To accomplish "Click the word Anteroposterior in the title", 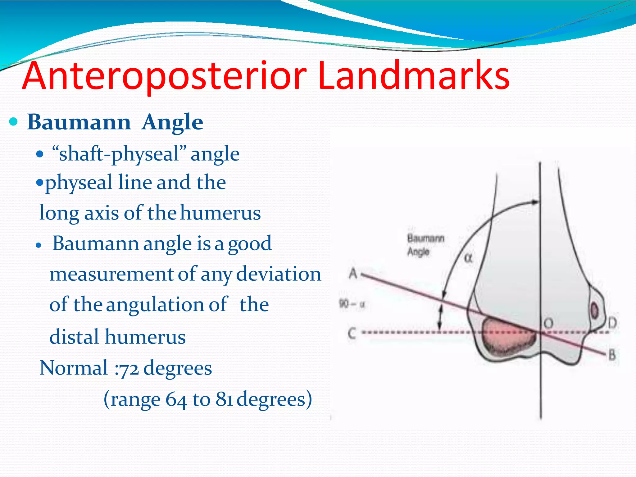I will pyautogui.click(x=165, y=76).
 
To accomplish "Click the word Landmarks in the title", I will pyautogui.click(x=413, y=76).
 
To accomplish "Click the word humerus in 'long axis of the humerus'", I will pyautogui.click(x=220, y=213).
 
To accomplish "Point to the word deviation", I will pyautogui.click(x=279, y=274).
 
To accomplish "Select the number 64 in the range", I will pyautogui.click(x=176, y=399).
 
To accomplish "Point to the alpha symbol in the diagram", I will pyautogui.click(x=468, y=258).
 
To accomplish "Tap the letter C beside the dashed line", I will pyautogui.click(x=352, y=333).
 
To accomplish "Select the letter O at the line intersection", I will pyautogui.click(x=548, y=324).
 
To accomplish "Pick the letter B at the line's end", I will pyautogui.click(x=611, y=355).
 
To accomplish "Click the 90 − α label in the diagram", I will pyautogui.click(x=352, y=304).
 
